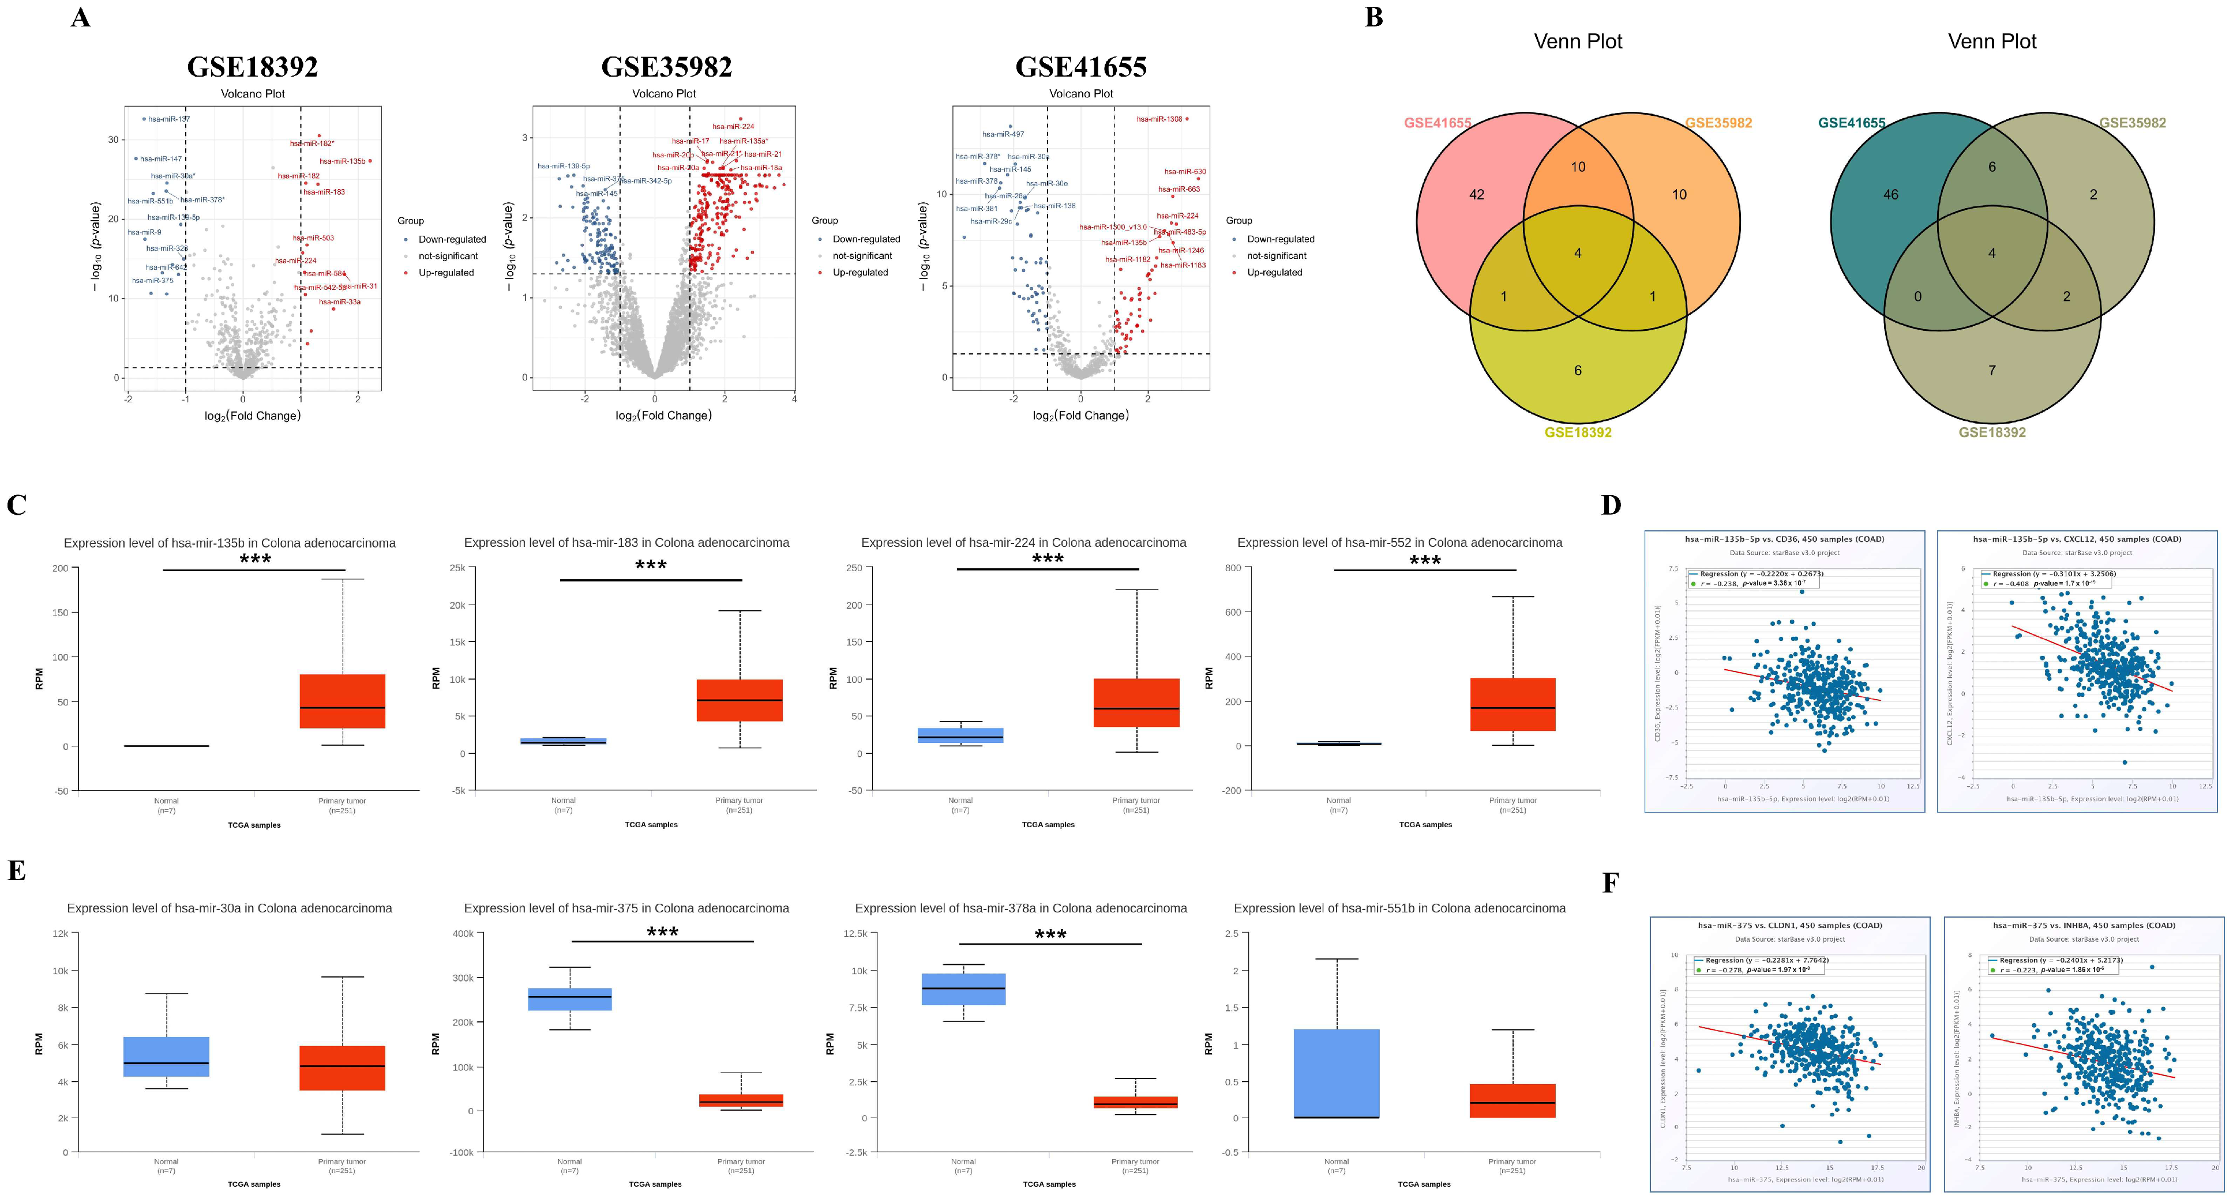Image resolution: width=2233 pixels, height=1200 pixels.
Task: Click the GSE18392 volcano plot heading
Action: click(252, 67)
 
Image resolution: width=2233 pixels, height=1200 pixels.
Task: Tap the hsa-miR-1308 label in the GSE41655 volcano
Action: click(1159, 119)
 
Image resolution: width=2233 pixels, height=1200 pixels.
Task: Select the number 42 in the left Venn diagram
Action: click(1476, 195)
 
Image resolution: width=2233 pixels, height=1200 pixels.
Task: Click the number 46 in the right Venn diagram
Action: click(1890, 195)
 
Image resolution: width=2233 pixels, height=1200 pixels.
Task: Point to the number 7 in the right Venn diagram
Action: click(1992, 371)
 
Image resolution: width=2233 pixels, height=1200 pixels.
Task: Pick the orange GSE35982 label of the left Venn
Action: click(1718, 123)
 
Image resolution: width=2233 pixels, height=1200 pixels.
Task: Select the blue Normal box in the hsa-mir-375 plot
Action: click(569, 999)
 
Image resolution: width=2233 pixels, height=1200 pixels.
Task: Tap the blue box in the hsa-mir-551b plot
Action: click(1336, 1074)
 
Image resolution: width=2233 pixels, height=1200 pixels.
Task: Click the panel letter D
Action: click(1611, 505)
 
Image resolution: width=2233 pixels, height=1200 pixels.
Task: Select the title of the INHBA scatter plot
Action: click(2084, 925)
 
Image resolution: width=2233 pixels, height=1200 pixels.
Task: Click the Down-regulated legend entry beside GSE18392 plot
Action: click(451, 239)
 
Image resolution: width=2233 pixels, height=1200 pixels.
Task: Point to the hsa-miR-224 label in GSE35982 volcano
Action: click(733, 126)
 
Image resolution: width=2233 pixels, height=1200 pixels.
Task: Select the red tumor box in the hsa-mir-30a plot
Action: click(343, 1067)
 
